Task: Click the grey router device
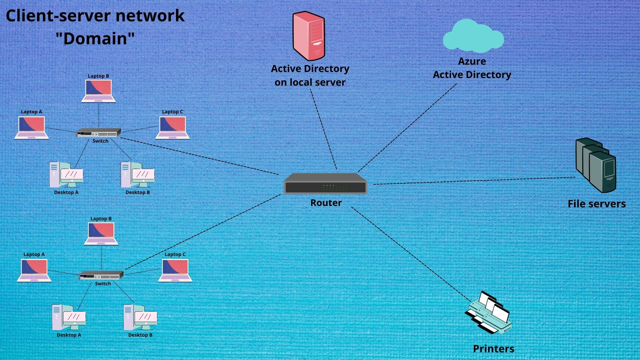tap(325, 184)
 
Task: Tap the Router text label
tap(326, 203)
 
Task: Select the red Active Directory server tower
tap(309, 36)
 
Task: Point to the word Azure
tap(472, 61)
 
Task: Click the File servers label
tap(596, 204)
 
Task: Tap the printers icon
tap(489, 313)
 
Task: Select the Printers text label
tap(493, 349)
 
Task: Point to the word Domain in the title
tap(95, 39)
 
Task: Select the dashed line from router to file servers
tap(473, 181)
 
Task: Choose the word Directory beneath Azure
tap(489, 75)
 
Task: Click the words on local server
tap(310, 82)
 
